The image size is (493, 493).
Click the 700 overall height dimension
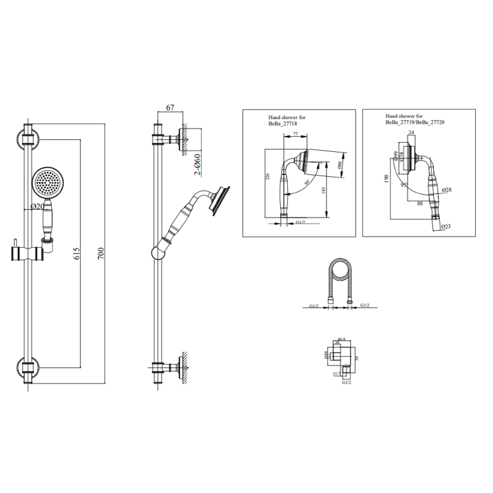point(101,253)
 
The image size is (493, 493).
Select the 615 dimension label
point(76,254)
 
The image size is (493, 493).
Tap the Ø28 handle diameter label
point(448,190)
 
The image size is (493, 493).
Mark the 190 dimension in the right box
point(388,178)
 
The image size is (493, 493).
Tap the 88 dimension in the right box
point(419,203)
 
